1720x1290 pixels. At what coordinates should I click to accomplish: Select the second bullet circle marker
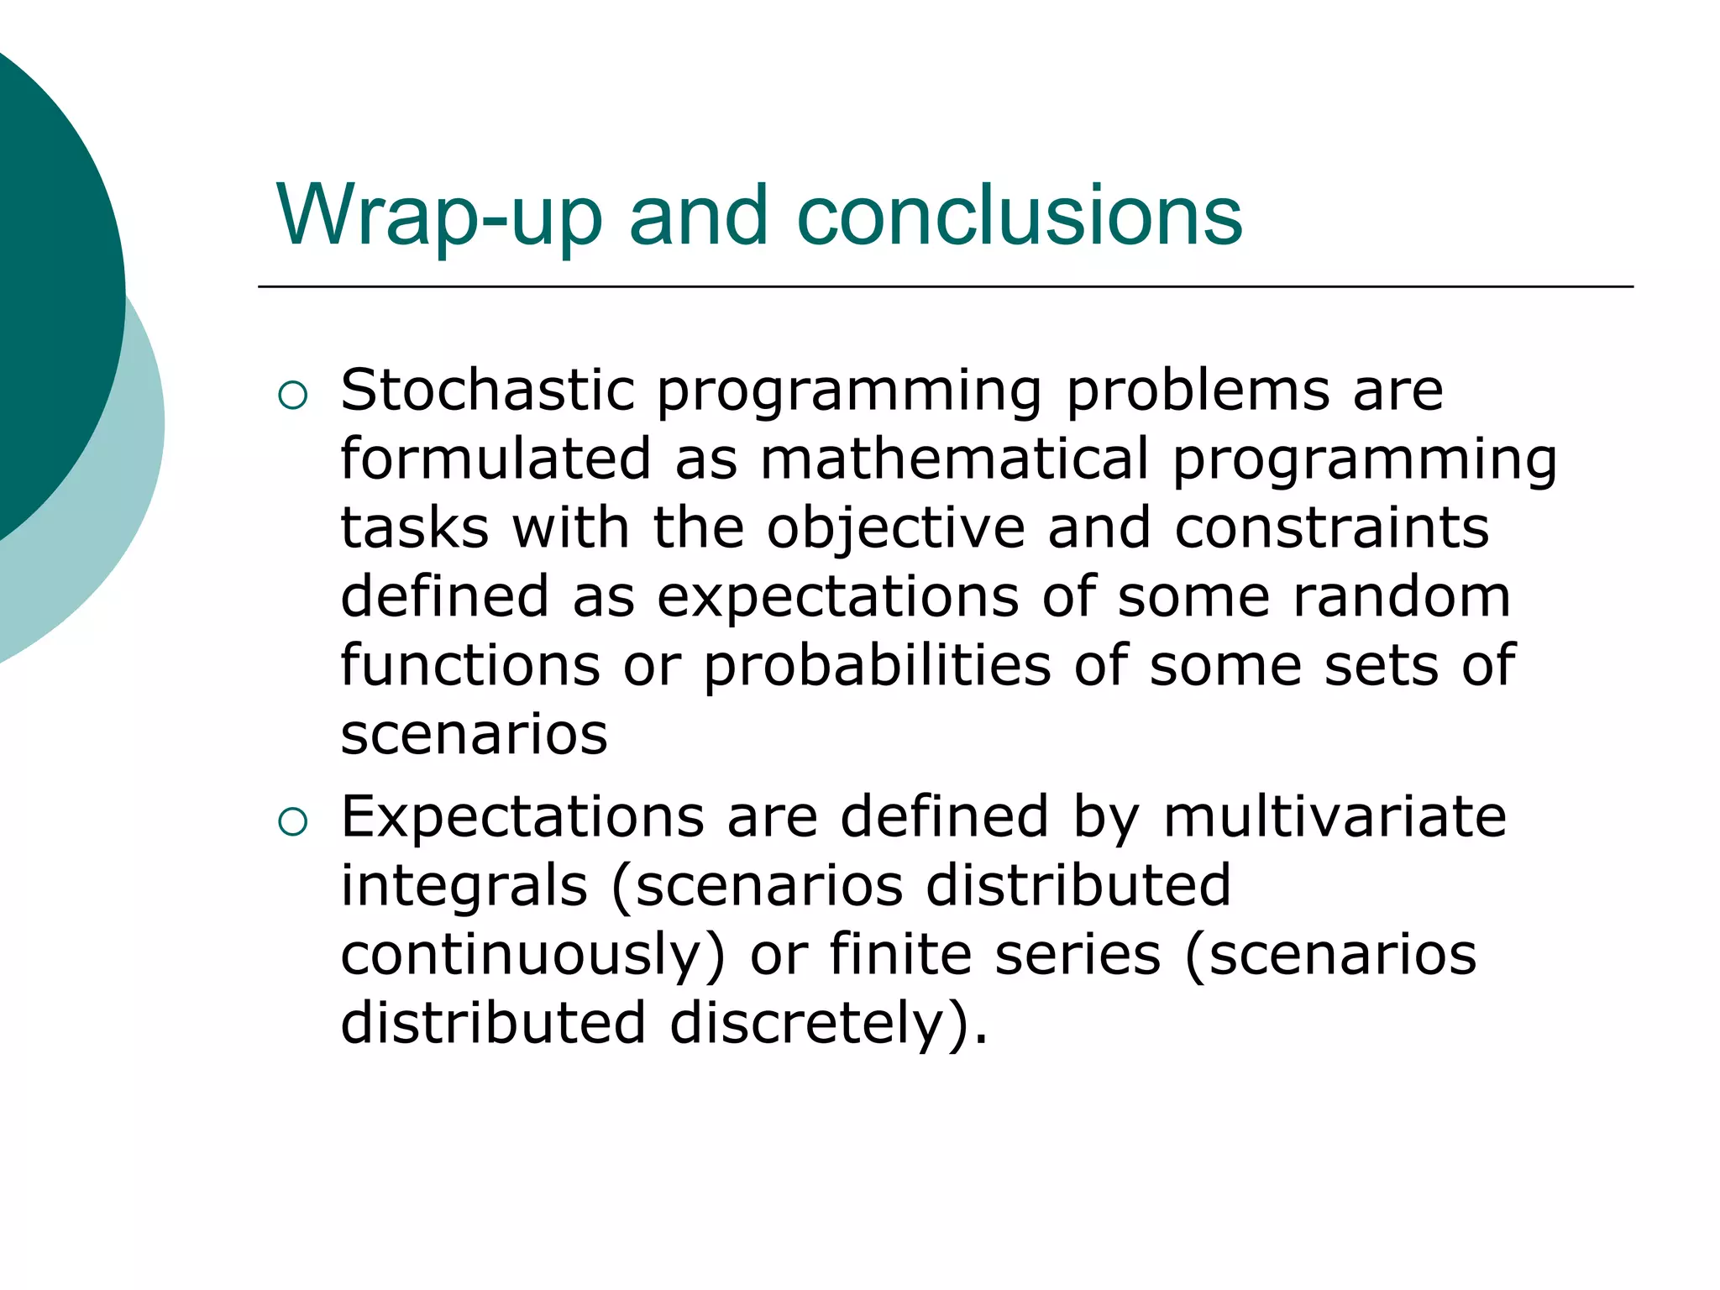tap(292, 821)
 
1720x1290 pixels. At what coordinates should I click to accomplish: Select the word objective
tap(895, 529)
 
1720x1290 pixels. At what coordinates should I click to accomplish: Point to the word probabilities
tap(877, 667)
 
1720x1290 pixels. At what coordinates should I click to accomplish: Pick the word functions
tap(470, 665)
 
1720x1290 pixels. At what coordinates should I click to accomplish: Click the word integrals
tap(464, 887)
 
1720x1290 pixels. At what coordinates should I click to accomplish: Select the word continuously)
tap(532, 956)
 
